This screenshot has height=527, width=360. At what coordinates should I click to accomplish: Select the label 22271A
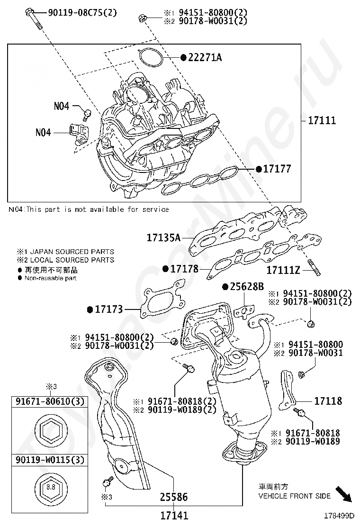point(205,57)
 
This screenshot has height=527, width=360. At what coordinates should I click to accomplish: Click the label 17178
point(184,269)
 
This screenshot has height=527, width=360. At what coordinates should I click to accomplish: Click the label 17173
point(108,309)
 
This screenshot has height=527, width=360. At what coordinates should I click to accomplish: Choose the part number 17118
point(327,401)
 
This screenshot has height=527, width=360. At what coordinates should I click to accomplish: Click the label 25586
point(173,497)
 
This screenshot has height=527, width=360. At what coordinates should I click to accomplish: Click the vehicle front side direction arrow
point(343,494)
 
